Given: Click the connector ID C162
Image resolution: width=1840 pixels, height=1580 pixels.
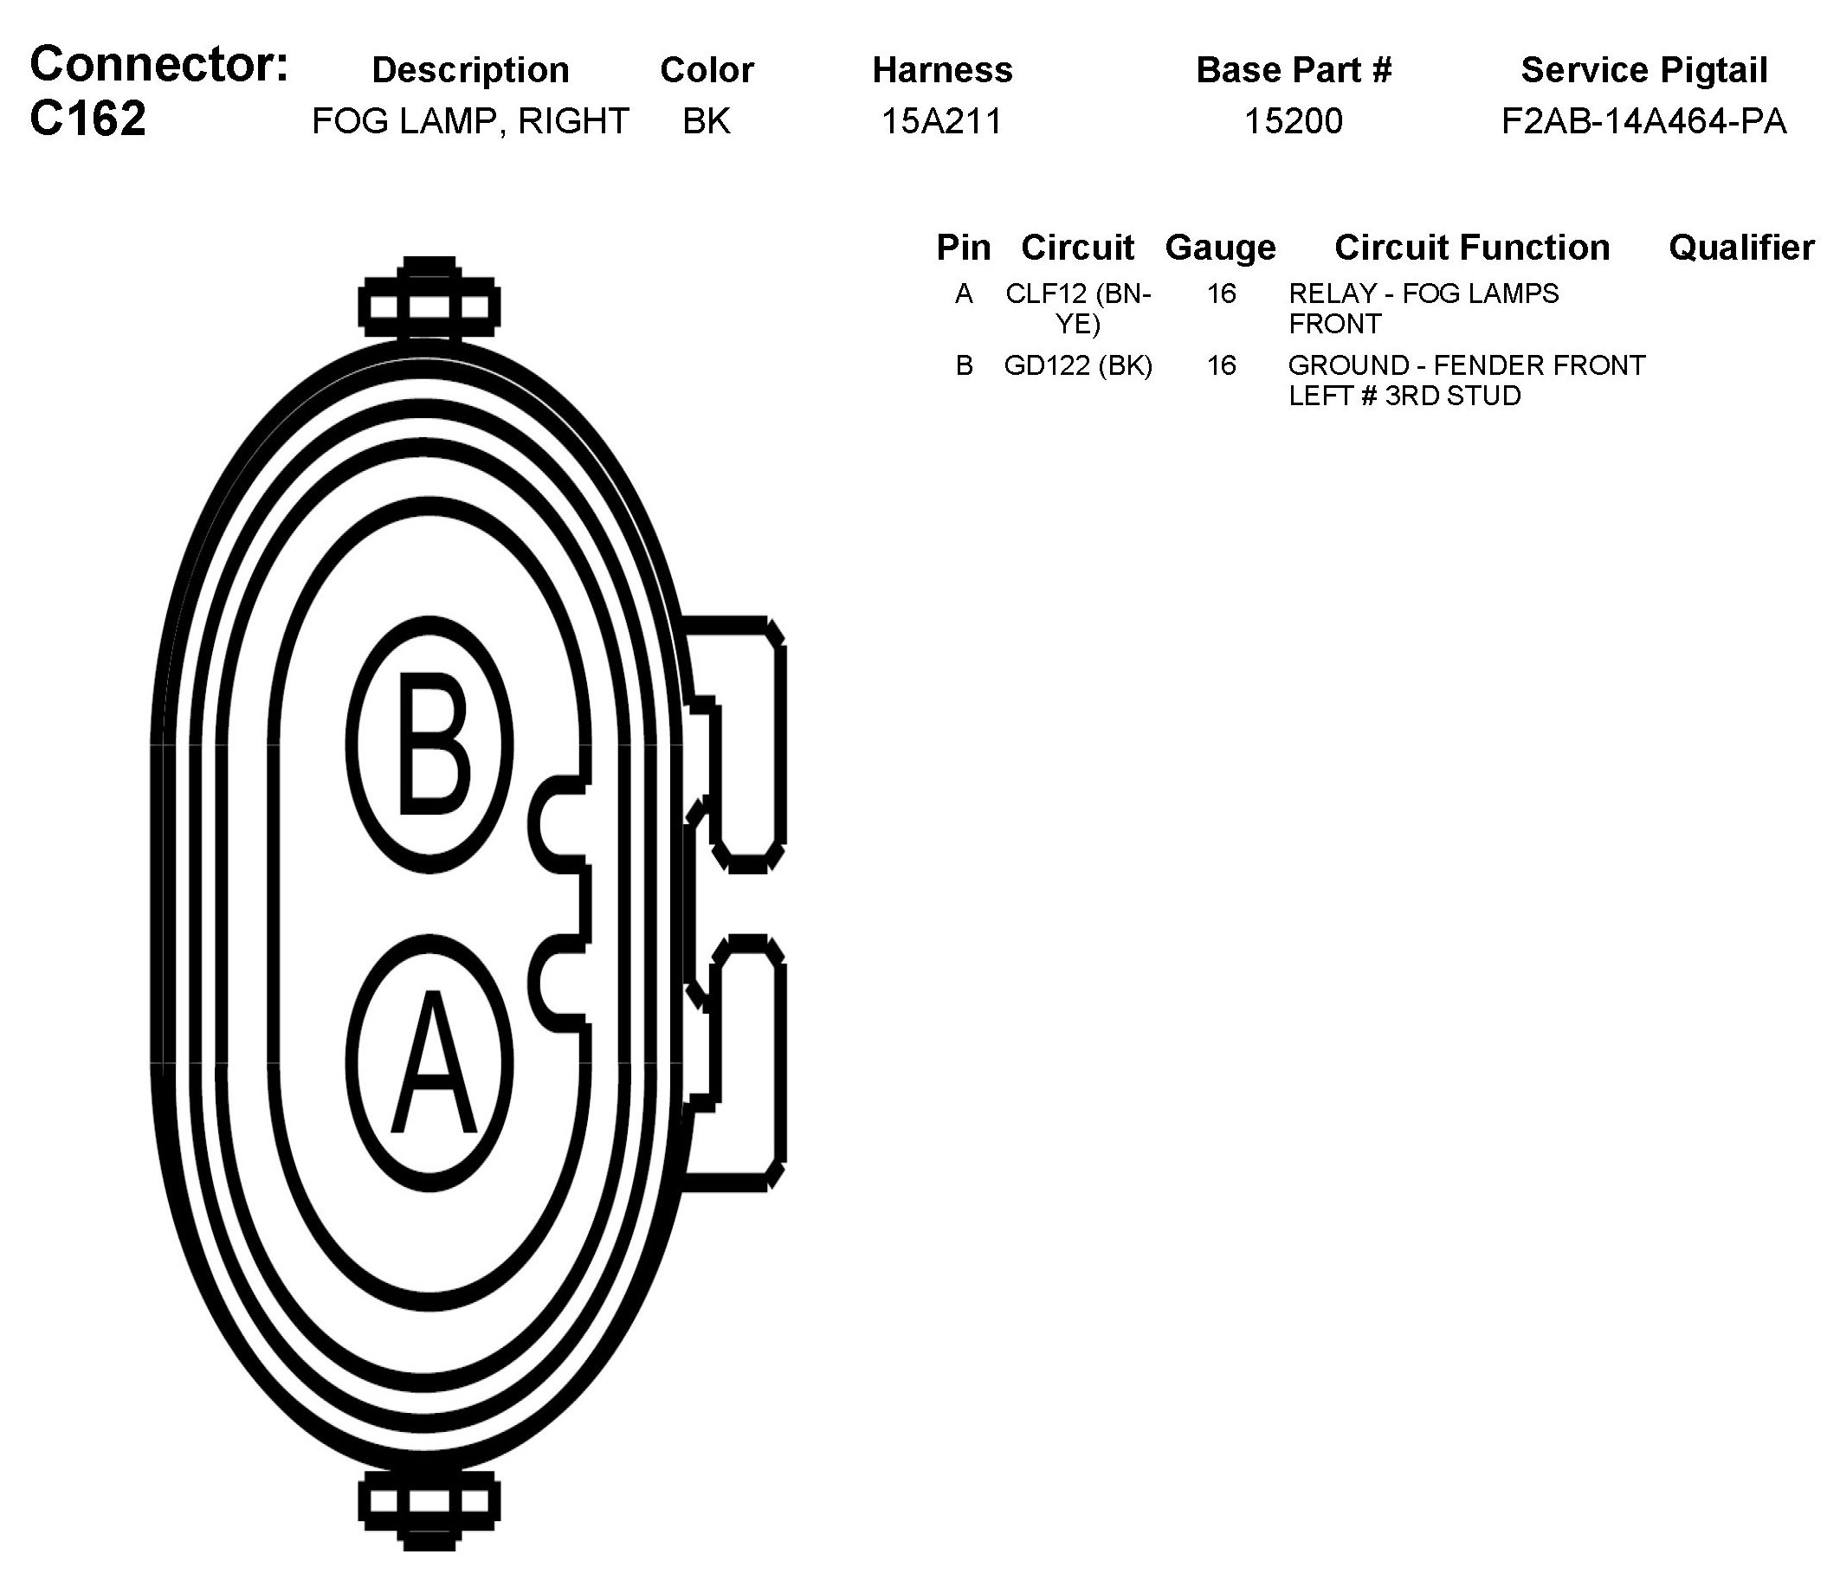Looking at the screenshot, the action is [88, 118].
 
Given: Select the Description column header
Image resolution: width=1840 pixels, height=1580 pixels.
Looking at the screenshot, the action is [470, 70].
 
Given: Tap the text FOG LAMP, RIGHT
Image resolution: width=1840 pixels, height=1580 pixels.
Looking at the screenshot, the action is [470, 121].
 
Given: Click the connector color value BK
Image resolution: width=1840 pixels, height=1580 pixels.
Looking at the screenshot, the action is [706, 121].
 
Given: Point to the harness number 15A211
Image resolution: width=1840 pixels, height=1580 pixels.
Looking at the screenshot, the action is [941, 121].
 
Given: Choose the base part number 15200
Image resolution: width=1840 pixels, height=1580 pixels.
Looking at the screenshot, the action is [1293, 121].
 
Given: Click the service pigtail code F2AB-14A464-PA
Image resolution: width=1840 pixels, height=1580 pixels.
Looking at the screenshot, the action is [1643, 121].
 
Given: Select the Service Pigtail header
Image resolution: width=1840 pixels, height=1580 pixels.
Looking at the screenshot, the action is [1643, 70].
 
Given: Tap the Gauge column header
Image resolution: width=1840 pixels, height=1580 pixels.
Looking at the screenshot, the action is [1220, 248].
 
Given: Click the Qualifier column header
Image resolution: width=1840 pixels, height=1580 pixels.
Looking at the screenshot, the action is [1740, 248].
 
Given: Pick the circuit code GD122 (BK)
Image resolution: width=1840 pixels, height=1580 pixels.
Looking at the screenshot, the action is [1078, 365].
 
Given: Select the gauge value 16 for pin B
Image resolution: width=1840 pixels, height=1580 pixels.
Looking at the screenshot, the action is [1221, 365].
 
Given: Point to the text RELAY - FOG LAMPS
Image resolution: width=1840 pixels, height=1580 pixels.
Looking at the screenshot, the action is [1423, 294].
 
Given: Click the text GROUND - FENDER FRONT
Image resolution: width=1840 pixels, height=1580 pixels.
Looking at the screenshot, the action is [1466, 365].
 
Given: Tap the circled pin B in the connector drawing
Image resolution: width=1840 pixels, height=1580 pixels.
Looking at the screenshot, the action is [429, 745].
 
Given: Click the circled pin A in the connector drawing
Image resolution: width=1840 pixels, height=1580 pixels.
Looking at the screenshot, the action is [429, 1063].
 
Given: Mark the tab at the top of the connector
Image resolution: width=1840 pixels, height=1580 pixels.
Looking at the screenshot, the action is [429, 299].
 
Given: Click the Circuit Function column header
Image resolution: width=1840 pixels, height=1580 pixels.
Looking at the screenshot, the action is [1471, 248].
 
